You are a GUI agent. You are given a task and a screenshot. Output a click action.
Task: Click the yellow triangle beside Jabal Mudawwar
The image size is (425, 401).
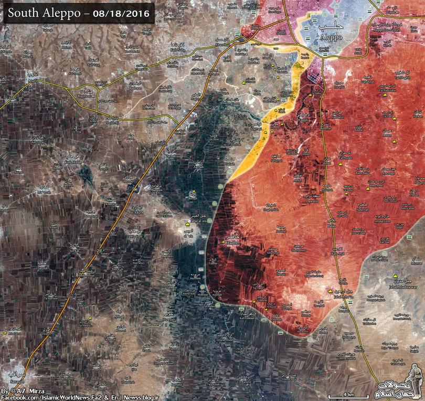pos(395,275)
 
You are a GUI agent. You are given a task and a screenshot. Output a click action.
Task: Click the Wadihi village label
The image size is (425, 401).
pos(304,119)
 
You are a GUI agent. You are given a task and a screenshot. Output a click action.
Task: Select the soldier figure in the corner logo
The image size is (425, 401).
pos(414,378)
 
